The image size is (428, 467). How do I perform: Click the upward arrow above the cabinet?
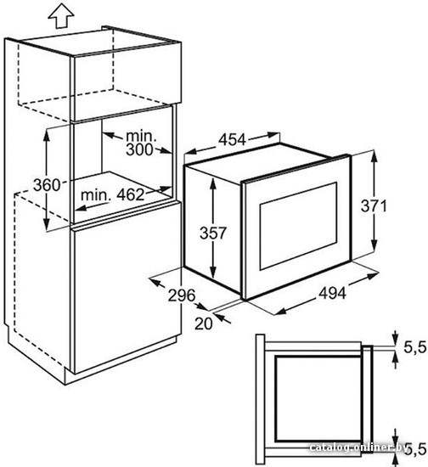[x=61, y=15]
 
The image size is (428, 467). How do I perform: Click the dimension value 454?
[x=233, y=140]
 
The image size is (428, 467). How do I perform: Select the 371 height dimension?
[x=374, y=205]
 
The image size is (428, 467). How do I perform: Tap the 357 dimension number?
[x=213, y=233]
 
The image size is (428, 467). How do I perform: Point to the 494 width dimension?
[x=333, y=294]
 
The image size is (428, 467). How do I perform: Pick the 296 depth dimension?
[x=182, y=295]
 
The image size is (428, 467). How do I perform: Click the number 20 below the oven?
[x=204, y=324]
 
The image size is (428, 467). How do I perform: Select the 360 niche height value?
[x=47, y=185]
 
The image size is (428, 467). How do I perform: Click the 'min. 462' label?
[x=113, y=194]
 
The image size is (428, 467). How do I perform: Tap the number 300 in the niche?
[x=139, y=149]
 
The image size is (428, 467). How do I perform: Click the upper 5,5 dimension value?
[x=415, y=347]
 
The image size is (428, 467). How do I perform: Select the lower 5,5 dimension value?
[x=416, y=449]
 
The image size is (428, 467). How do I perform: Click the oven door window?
[x=298, y=226]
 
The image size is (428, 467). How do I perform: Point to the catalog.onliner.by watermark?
[x=358, y=447]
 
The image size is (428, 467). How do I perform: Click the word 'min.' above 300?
[x=141, y=136]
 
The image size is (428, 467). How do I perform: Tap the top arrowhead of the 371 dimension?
[x=374, y=157]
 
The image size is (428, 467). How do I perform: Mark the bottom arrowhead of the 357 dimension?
[x=212, y=273]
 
